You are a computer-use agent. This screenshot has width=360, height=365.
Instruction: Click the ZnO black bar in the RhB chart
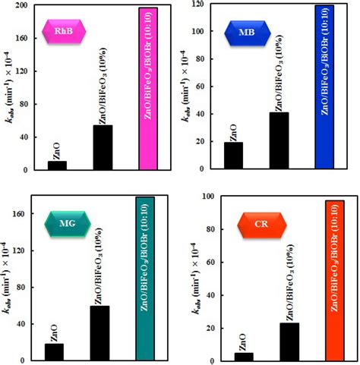click(57, 165)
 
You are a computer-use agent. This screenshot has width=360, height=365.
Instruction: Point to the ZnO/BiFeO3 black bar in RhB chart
click(103, 147)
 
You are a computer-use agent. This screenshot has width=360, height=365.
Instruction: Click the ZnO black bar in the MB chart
click(234, 156)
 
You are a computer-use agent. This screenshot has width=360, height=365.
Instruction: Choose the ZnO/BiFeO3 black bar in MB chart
click(279, 140)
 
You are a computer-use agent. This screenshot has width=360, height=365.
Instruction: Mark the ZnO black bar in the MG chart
click(55, 351)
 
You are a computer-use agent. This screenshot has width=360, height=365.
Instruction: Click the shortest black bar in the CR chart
click(244, 356)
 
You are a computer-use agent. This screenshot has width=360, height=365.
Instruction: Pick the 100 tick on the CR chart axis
click(206, 197)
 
